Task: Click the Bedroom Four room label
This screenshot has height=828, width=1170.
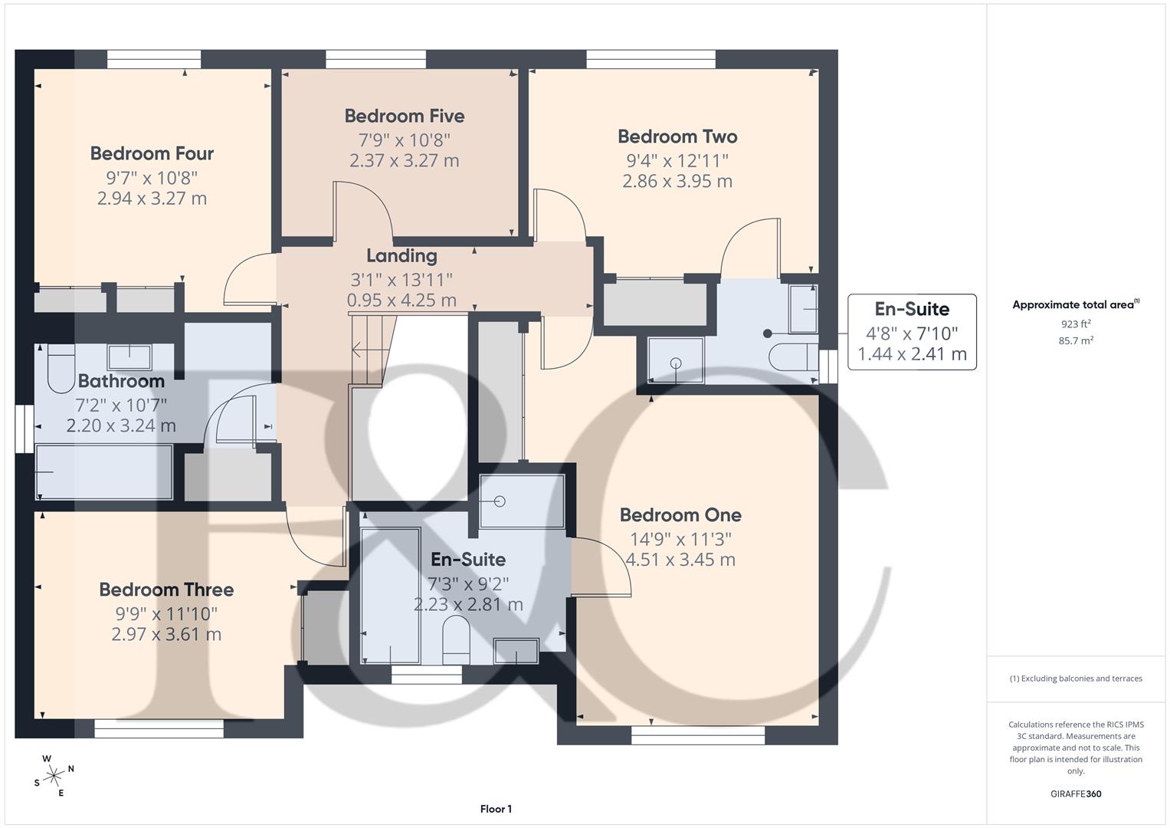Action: (x=152, y=153)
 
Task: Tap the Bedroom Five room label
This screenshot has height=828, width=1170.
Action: (x=404, y=116)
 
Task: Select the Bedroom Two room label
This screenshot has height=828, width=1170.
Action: (x=677, y=136)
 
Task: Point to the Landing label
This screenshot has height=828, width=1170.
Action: (x=401, y=256)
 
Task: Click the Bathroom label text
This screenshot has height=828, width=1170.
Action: (x=121, y=381)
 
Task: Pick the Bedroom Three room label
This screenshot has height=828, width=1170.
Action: (x=166, y=590)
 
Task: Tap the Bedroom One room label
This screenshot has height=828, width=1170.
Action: (x=680, y=515)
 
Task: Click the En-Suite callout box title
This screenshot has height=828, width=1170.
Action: (x=912, y=309)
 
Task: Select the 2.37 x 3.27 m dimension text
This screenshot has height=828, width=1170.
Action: (x=404, y=161)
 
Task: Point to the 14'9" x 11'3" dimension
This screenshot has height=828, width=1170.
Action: (x=680, y=539)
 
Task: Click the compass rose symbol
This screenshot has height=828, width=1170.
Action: (x=54, y=776)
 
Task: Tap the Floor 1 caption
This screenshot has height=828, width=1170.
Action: (x=496, y=809)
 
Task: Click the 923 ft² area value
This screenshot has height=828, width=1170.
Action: (x=1076, y=324)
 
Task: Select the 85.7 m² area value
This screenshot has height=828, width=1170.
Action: (x=1076, y=341)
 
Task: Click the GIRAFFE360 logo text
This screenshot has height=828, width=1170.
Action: (x=1076, y=793)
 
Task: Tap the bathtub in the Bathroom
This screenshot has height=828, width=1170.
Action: (x=103, y=472)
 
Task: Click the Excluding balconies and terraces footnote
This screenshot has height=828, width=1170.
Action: (x=1076, y=678)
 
